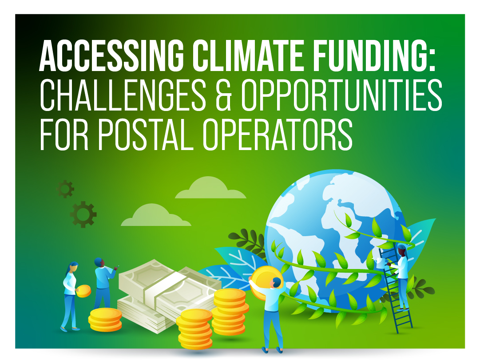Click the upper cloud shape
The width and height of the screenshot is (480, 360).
(210, 188)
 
